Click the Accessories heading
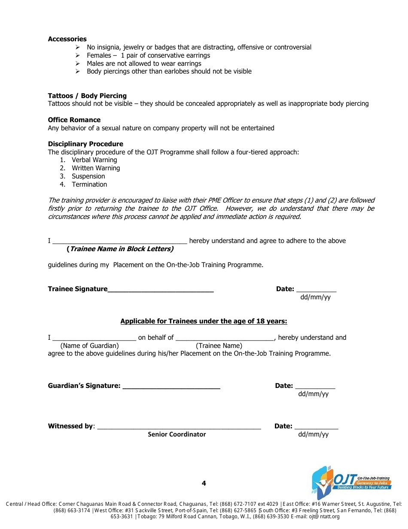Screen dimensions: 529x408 tap(67, 39)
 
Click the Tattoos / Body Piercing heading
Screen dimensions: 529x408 tap(87, 96)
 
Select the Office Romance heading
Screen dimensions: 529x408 tap(74, 120)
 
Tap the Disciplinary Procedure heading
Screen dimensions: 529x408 tap(85, 144)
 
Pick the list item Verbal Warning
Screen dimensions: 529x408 tap(94, 160)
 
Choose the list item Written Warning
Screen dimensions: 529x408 tap(96, 168)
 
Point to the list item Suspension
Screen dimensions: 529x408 tap(88, 176)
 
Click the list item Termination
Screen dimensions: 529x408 tap(89, 185)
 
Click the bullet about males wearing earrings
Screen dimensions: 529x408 tap(144, 64)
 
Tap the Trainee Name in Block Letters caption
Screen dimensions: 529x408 tap(120, 249)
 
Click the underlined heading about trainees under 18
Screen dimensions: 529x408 tap(204, 321)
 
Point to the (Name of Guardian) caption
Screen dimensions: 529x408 tap(89, 346)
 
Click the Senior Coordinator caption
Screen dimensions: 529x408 tap(177, 434)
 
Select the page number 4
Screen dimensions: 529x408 tap(204, 483)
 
